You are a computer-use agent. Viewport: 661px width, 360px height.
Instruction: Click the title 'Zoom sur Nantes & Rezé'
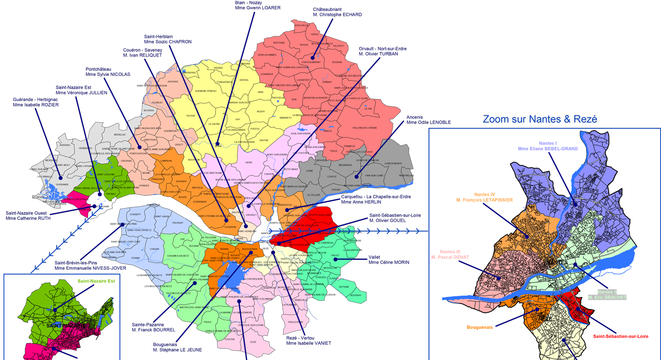tap(540, 119)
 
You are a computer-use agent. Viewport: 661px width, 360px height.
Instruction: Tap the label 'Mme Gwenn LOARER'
tap(257, 8)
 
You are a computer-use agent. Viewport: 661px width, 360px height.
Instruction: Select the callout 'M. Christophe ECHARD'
tap(337, 15)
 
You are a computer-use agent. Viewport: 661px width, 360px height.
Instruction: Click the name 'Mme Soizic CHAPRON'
tap(168, 42)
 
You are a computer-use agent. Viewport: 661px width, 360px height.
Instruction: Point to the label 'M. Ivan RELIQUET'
tap(143, 55)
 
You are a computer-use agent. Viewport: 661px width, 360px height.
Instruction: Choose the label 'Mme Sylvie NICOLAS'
tap(108, 74)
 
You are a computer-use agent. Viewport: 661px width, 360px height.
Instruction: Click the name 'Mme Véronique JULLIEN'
tap(81, 93)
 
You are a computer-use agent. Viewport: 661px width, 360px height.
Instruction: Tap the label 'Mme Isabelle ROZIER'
tap(36, 105)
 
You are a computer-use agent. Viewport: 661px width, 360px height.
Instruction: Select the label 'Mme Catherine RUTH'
tap(28, 218)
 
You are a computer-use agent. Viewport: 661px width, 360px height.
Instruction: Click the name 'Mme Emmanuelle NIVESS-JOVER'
tap(90, 268)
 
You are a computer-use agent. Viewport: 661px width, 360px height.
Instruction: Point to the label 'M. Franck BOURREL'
tap(153, 329)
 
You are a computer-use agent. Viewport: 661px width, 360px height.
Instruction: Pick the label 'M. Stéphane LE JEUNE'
tap(177, 350)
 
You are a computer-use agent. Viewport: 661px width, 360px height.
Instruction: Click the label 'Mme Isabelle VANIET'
tap(309, 343)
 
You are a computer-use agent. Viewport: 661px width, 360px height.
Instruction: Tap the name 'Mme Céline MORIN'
tap(389, 263)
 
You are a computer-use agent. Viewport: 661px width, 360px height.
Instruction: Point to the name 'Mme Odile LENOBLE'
tap(428, 122)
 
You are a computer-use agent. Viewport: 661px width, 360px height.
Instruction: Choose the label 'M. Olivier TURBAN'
tap(378, 54)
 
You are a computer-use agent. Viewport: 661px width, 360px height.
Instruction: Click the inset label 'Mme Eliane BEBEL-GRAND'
tap(548, 148)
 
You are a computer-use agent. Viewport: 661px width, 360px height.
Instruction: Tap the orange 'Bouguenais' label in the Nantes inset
tap(479, 327)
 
